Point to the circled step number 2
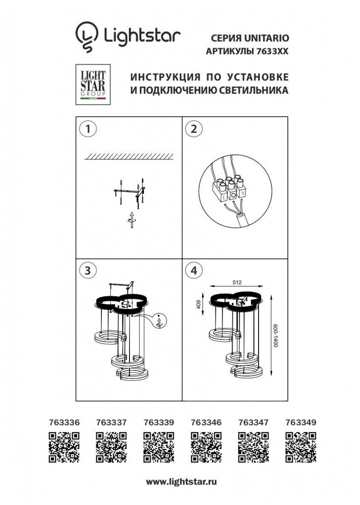[x=193, y=129]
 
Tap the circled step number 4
[x=193, y=271]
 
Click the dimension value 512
[x=237, y=283]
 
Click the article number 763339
[x=159, y=422]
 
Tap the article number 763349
[x=301, y=422]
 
